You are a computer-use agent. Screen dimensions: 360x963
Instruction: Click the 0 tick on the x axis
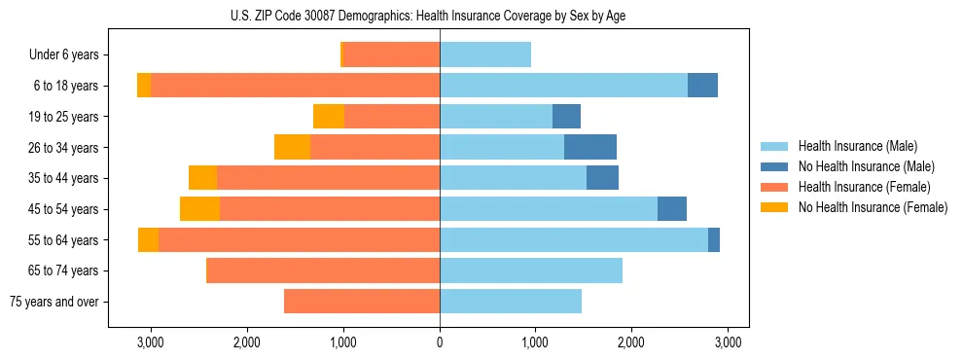440,342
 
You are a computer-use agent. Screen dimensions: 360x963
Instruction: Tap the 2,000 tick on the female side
246,342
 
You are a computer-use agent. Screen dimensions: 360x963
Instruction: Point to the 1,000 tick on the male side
535,342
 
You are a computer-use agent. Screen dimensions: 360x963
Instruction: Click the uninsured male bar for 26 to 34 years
590,147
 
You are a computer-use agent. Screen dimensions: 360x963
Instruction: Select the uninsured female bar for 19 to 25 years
329,117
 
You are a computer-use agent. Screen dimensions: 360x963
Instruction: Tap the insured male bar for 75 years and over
511,302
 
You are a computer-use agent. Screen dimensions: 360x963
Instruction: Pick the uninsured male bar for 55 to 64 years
714,239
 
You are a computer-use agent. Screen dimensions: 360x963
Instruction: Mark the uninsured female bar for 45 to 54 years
199,209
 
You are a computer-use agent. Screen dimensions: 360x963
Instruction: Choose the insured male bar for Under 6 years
485,55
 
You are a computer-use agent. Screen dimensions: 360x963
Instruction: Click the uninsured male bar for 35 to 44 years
602,178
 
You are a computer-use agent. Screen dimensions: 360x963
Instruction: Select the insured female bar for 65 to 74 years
324,270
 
